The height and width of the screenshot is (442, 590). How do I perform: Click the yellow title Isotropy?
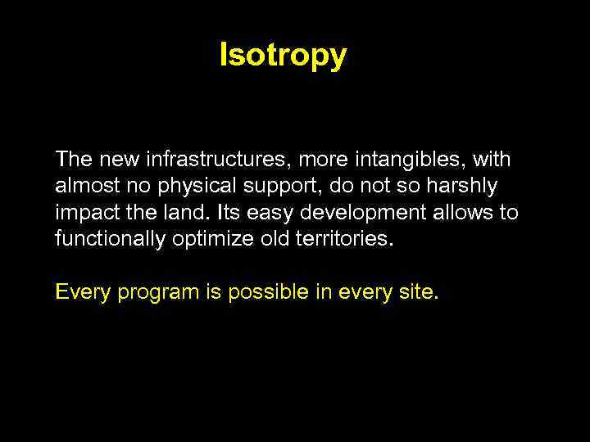coord(283,56)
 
